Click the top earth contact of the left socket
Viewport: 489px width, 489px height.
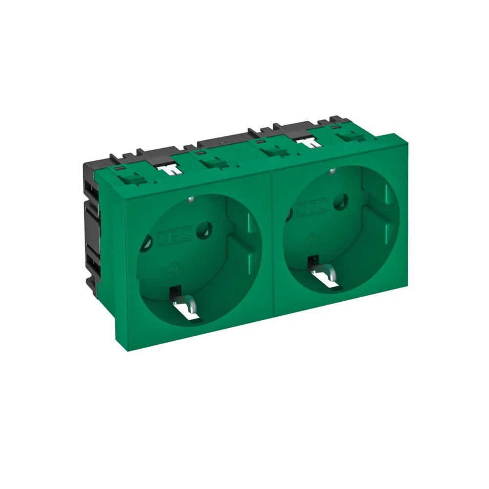[189, 199]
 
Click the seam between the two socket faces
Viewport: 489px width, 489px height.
[272, 244]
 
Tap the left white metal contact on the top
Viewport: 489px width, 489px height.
[169, 169]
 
